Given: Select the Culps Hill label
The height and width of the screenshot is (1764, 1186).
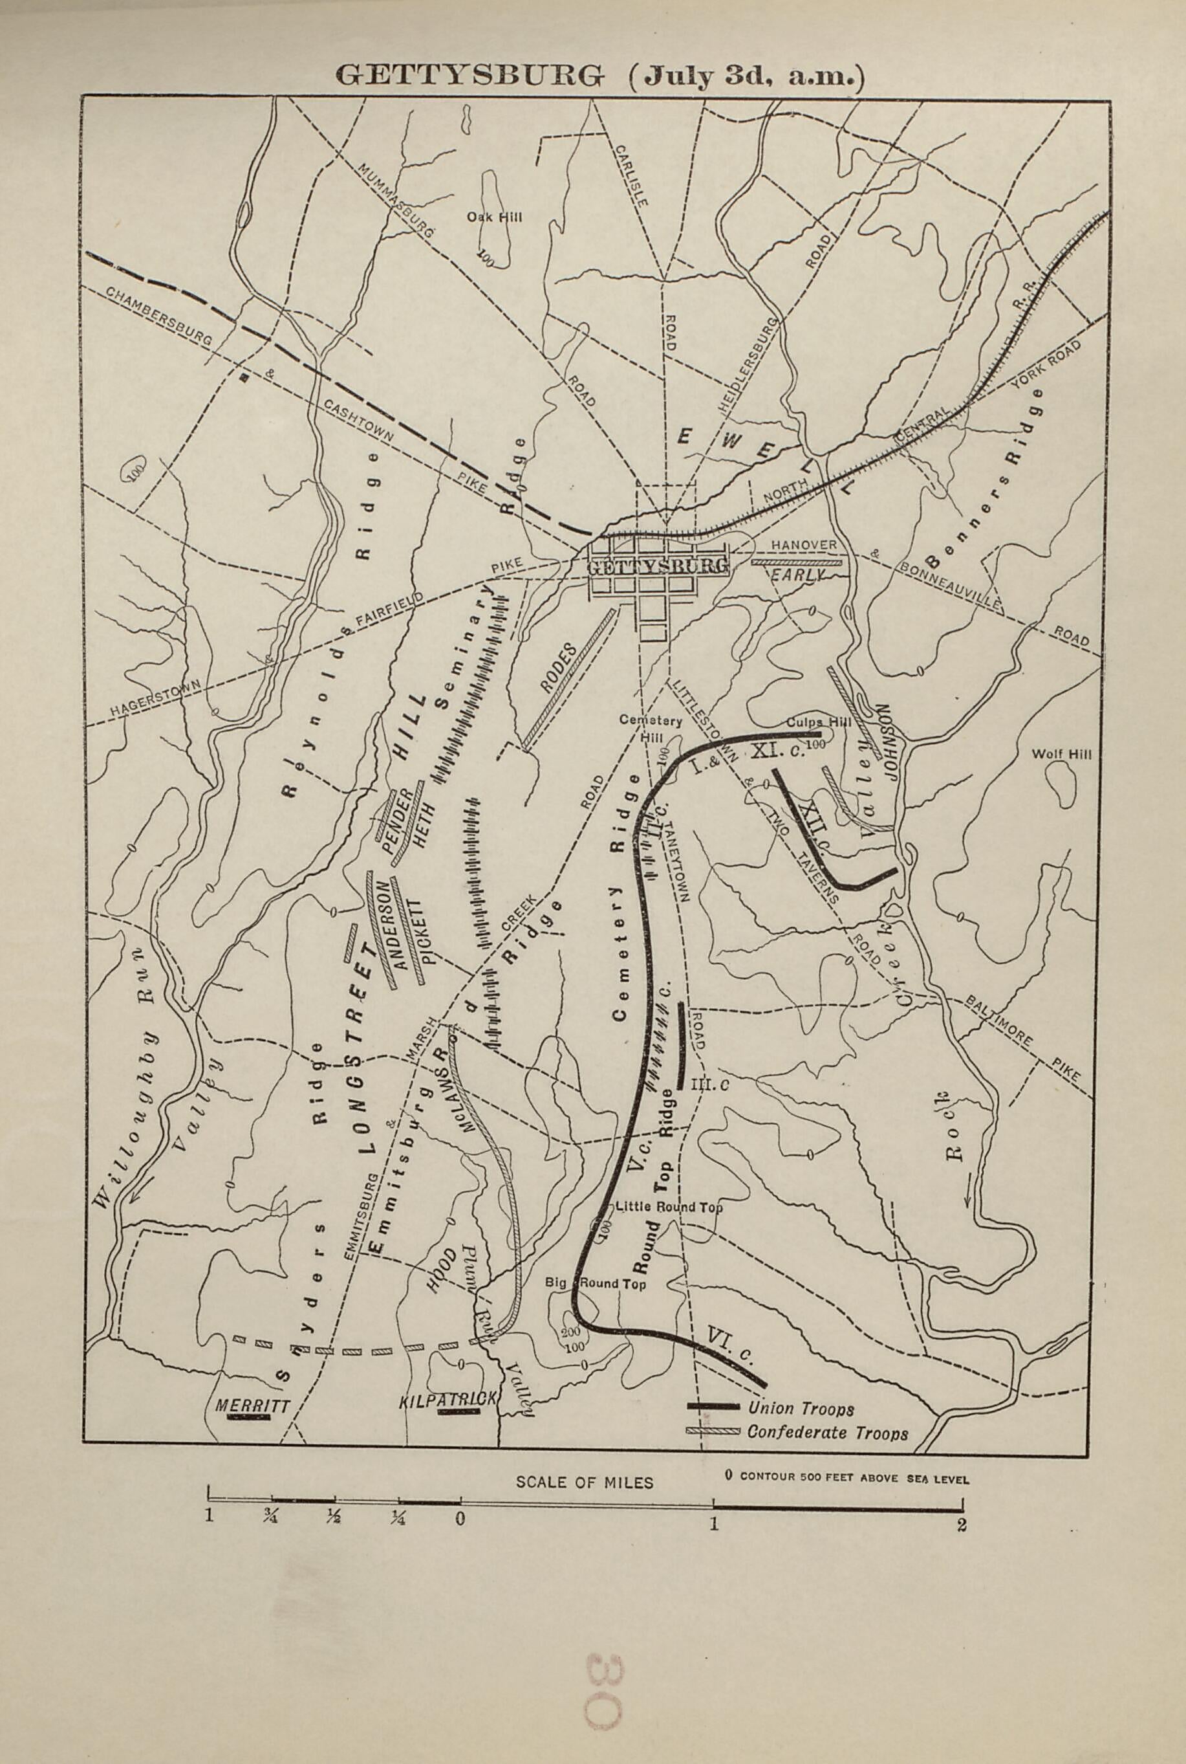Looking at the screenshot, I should click(819, 722).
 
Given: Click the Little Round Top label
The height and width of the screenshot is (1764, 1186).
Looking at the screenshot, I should click(669, 1207).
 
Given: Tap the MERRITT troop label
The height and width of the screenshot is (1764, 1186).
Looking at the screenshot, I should click(253, 1406).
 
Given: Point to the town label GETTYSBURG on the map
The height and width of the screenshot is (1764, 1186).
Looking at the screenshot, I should click(658, 566).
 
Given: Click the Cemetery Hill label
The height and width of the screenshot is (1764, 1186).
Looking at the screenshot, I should click(651, 728).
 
